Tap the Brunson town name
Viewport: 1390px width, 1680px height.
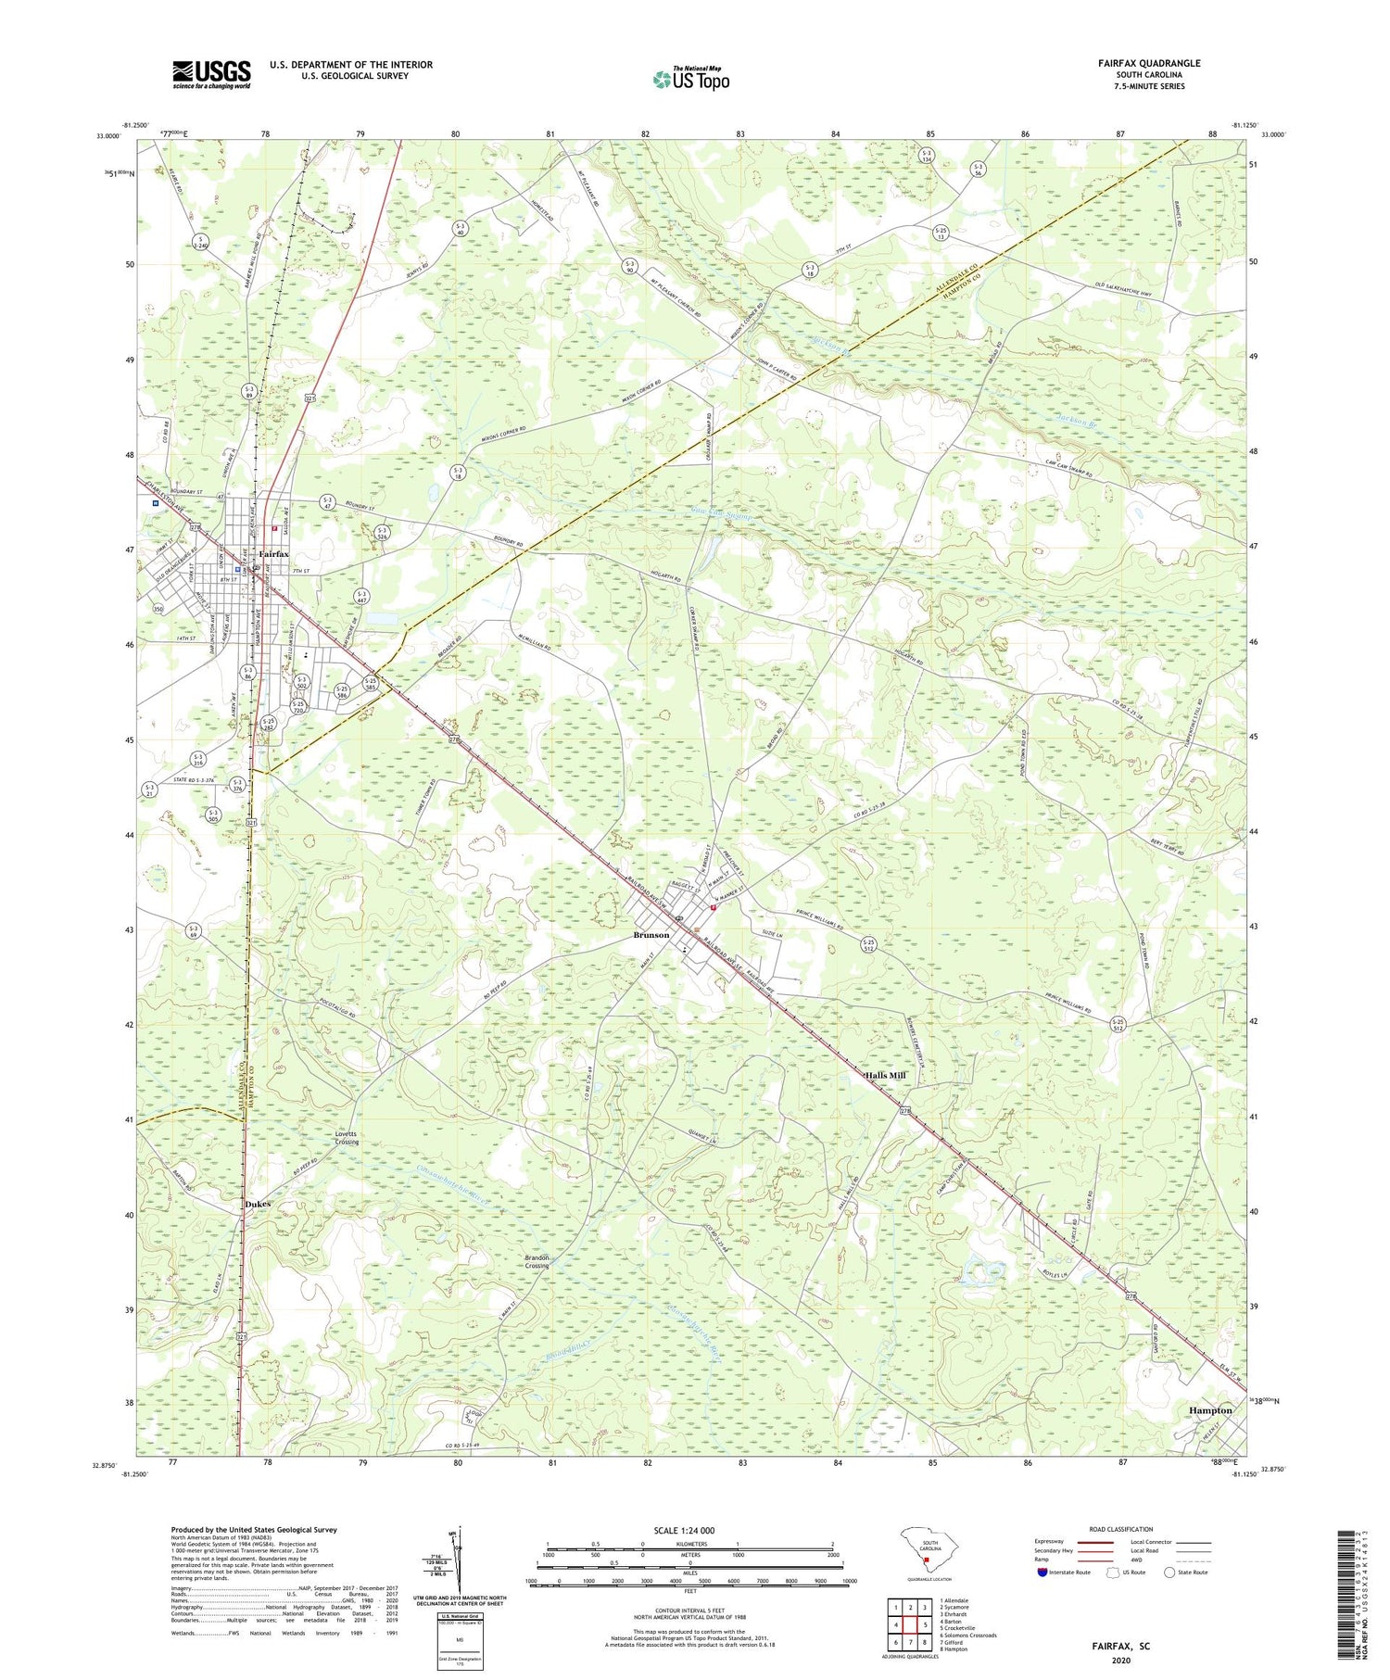(651, 935)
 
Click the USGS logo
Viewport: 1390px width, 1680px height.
(211, 74)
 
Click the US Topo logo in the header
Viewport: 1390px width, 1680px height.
(690, 80)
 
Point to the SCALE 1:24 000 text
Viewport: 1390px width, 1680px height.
(684, 1531)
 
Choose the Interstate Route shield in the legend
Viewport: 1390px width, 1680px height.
(1042, 1573)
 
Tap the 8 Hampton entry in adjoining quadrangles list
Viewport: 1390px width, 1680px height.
(953, 1649)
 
